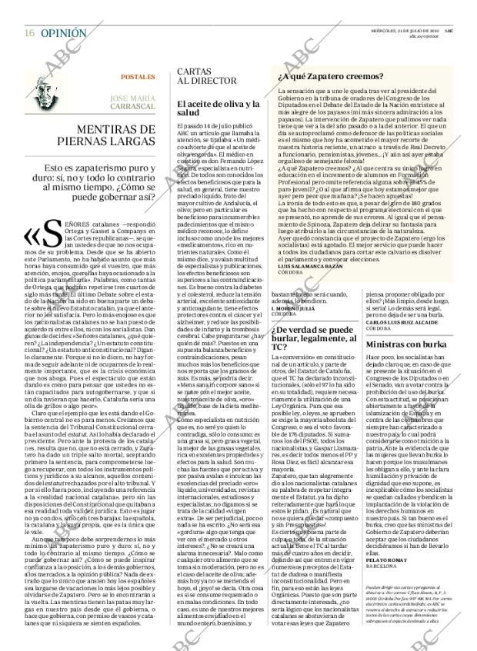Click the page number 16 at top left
pos(28,12)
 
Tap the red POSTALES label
pos(138,78)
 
